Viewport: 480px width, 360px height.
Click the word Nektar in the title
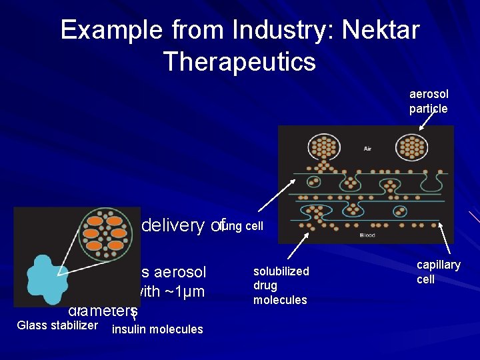[x=381, y=31]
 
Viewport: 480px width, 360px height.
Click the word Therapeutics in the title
[x=239, y=61]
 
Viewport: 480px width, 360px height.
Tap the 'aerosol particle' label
[x=429, y=102]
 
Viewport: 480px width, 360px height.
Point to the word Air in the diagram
[x=367, y=149]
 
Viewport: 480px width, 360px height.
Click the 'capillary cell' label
[x=439, y=272]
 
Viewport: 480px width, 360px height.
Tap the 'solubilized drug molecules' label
[x=281, y=285]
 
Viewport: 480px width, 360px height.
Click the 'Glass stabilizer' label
[x=57, y=325]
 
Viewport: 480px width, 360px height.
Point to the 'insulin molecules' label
[x=157, y=329]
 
